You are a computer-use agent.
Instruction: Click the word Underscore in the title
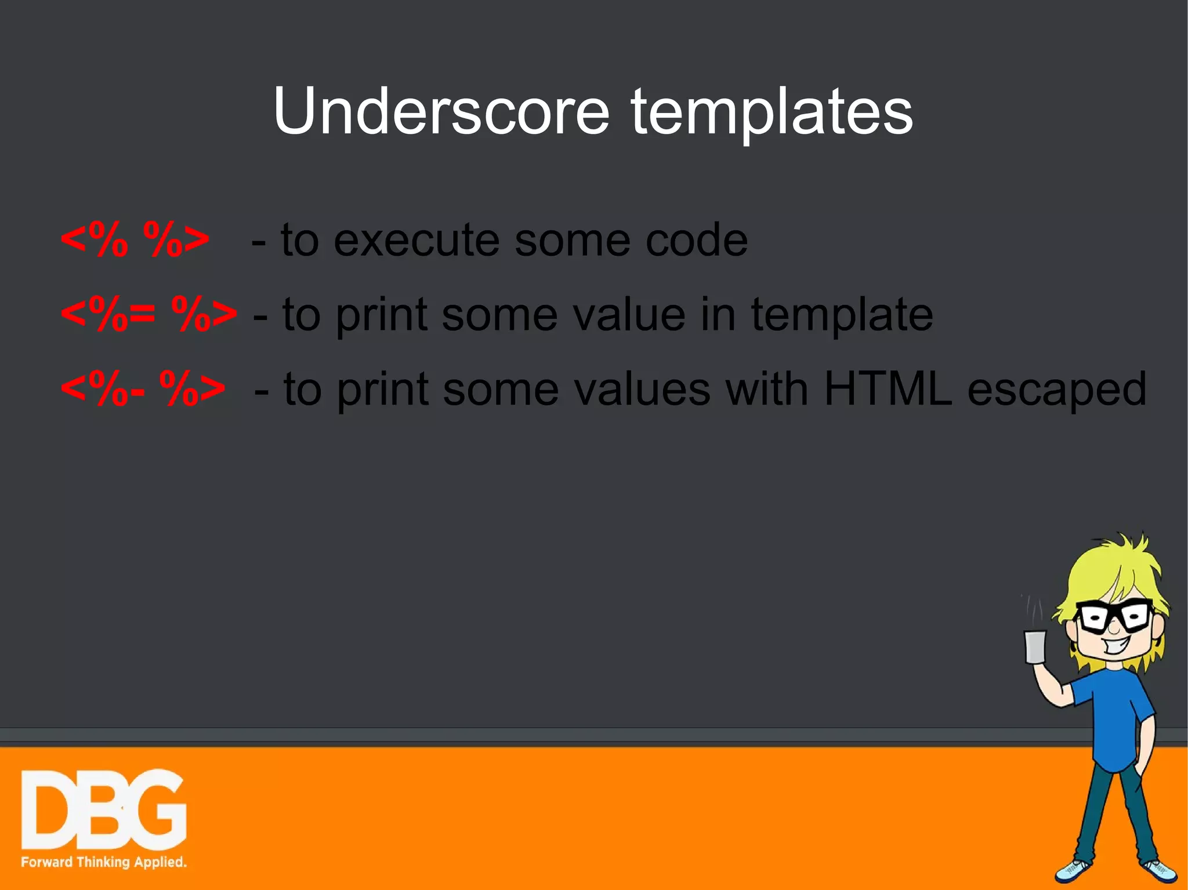pyautogui.click(x=441, y=111)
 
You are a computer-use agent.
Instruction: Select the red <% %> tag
pyautogui.click(x=135, y=239)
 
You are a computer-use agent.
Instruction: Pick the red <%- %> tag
pyautogui.click(x=143, y=388)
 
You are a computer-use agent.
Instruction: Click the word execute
pyautogui.click(x=416, y=240)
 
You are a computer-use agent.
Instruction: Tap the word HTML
pyautogui.click(x=888, y=388)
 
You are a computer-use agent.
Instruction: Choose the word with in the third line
pyautogui.click(x=767, y=388)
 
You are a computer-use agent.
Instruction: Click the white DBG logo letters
pyautogui.click(x=103, y=811)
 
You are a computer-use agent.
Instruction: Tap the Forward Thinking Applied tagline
pyautogui.click(x=103, y=862)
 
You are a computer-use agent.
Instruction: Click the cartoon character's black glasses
pyautogui.click(x=1114, y=617)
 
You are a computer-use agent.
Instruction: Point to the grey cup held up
pyautogui.click(x=1035, y=647)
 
